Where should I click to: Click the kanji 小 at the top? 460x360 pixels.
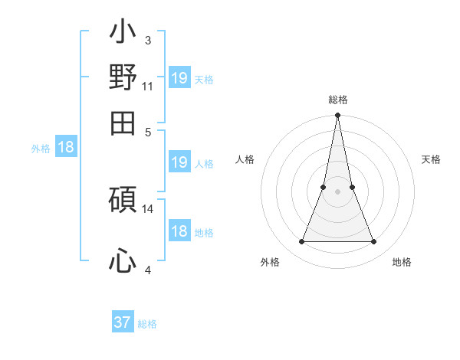click(x=123, y=34)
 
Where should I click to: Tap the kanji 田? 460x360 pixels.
click(x=123, y=123)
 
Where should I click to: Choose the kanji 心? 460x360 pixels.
click(x=123, y=260)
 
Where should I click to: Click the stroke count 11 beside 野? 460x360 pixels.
click(x=148, y=87)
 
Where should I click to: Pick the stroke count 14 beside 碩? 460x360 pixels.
click(x=148, y=208)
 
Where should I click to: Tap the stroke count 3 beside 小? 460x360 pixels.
click(x=147, y=40)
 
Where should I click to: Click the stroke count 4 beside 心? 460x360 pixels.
click(x=147, y=270)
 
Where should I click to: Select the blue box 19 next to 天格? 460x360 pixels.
click(x=179, y=77)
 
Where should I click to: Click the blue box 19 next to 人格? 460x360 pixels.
click(x=179, y=162)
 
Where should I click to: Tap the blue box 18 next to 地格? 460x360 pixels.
click(x=179, y=232)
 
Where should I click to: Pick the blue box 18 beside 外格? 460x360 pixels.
click(x=66, y=148)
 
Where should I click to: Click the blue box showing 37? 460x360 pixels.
click(x=123, y=322)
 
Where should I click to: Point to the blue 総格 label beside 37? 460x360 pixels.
click(x=147, y=324)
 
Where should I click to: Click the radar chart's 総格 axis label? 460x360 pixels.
click(x=337, y=100)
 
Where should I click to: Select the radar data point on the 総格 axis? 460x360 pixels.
click(x=337, y=116)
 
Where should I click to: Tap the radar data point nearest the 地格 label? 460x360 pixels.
click(x=374, y=242)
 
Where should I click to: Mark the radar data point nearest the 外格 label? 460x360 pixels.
click(x=301, y=242)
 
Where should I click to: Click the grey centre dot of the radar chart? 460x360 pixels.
click(x=337, y=191)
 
